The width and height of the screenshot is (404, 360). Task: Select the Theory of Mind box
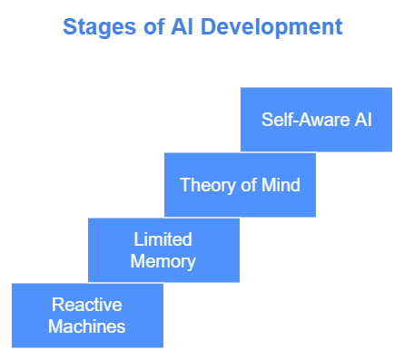pos(240,185)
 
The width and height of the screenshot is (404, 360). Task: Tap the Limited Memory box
pos(163,250)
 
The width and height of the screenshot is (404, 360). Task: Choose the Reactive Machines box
pos(87,316)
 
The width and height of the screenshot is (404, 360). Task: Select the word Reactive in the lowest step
pos(87,305)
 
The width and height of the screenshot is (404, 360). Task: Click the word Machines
pos(87,326)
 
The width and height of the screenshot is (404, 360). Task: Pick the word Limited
pos(163,239)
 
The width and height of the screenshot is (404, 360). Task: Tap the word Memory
pos(163,261)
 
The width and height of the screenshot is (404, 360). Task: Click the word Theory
pos(204,185)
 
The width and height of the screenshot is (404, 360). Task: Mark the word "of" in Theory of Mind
pos(243,185)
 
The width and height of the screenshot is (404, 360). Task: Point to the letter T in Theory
pos(184,185)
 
